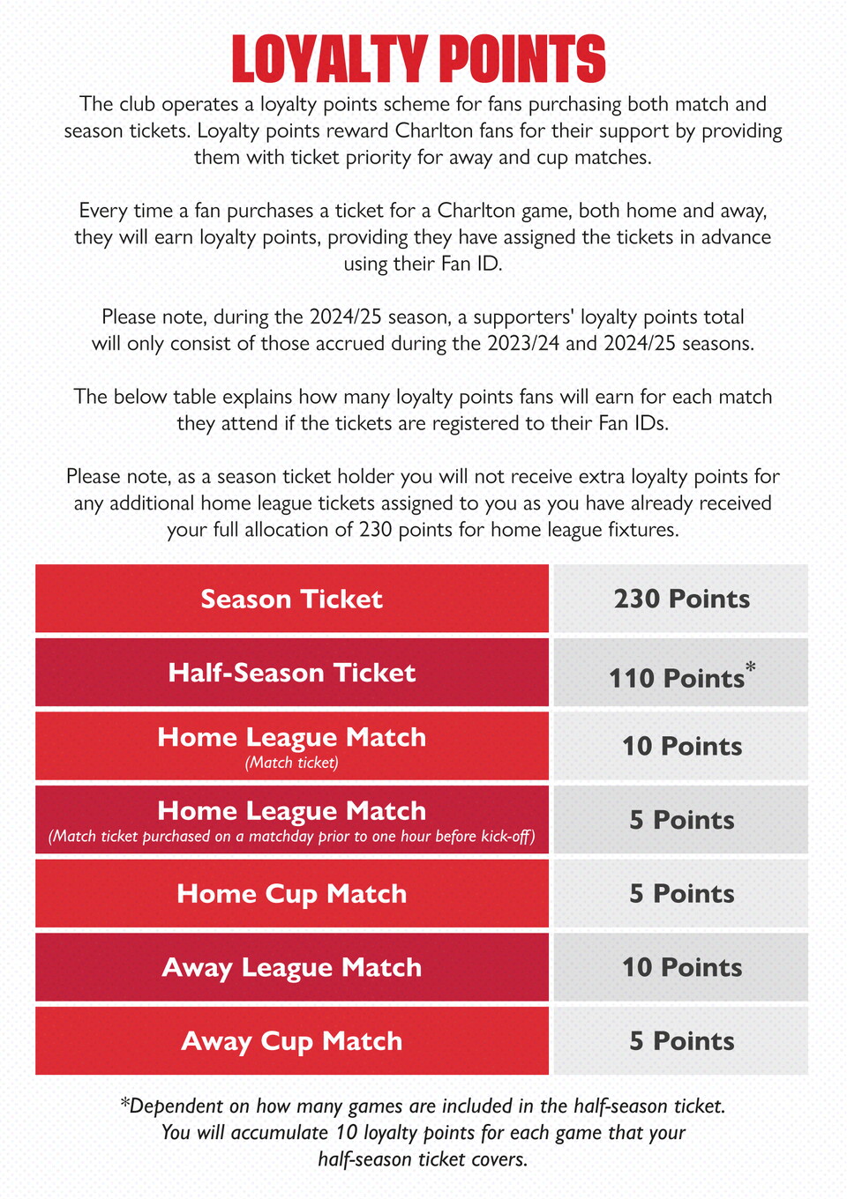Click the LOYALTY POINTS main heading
(x=418, y=59)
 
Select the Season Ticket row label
(x=291, y=599)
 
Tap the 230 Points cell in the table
(x=681, y=599)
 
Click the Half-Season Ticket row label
(x=291, y=673)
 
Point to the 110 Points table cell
(x=677, y=678)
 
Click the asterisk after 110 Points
(x=751, y=667)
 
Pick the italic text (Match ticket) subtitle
(x=291, y=763)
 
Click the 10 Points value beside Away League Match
(x=681, y=967)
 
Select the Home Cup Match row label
(x=291, y=894)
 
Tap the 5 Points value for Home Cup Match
(x=681, y=894)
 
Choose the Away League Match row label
(x=291, y=967)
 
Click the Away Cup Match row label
(x=291, y=1041)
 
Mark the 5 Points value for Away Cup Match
(x=681, y=1041)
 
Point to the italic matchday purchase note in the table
(x=291, y=837)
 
